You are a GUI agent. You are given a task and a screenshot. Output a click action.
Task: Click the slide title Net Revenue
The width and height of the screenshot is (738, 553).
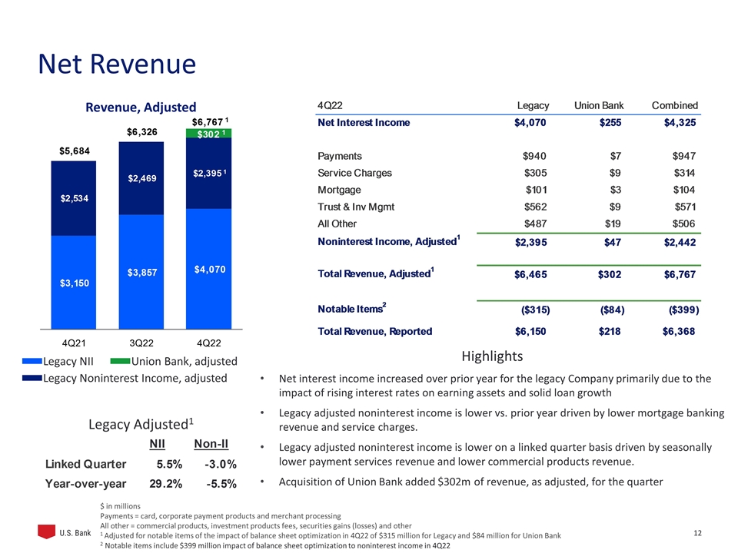[117, 65]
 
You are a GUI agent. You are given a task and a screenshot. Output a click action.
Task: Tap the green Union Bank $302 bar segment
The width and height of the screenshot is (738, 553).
[208, 134]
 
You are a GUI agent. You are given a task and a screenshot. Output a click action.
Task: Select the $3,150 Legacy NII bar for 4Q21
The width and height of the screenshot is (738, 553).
[73, 282]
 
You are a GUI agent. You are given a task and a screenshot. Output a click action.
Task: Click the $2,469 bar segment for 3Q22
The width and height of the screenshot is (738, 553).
[141, 178]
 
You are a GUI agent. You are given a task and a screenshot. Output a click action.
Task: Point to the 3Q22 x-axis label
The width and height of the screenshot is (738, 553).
[141, 341]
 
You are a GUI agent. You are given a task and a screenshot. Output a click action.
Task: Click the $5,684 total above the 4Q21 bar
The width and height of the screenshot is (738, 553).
[73, 150]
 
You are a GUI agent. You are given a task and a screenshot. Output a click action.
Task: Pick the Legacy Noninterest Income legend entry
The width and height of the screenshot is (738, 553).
[127, 378]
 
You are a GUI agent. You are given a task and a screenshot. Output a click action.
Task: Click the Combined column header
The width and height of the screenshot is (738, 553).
[674, 105]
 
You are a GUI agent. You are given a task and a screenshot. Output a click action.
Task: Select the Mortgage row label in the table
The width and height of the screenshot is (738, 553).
[339, 190]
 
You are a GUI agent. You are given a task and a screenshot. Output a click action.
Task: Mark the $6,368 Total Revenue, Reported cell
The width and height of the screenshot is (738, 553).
[680, 332]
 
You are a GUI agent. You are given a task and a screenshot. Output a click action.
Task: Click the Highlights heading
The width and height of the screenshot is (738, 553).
[492, 356]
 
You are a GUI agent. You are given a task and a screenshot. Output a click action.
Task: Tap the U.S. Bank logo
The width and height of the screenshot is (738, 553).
[65, 533]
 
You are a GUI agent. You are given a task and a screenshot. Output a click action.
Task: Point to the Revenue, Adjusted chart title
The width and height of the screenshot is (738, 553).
[141, 108]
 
